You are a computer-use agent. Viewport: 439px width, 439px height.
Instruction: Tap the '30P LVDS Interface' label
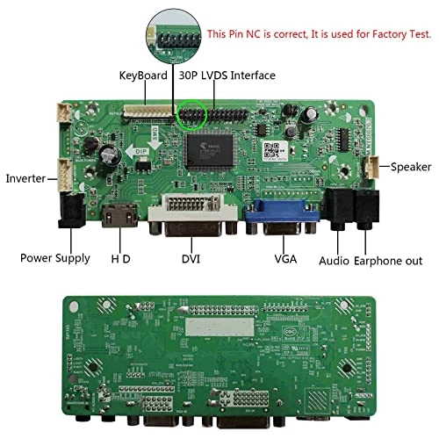[227, 76]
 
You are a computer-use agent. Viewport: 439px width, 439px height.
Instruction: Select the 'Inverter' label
[26, 178]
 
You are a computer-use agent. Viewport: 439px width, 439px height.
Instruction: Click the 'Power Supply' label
[55, 258]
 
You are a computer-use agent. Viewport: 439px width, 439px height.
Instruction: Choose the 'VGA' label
[285, 259]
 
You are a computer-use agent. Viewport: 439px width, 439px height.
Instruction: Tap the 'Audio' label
[335, 261]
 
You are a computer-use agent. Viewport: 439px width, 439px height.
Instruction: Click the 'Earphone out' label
[389, 261]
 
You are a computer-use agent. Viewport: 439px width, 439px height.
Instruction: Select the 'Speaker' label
[411, 166]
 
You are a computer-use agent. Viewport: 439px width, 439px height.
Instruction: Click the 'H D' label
[120, 259]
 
